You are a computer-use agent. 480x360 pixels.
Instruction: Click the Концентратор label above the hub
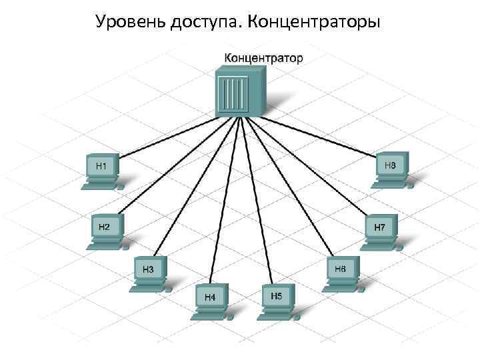click(x=263, y=58)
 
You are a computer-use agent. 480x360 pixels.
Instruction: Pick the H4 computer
click(x=211, y=301)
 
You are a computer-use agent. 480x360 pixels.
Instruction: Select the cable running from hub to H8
click(x=313, y=137)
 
